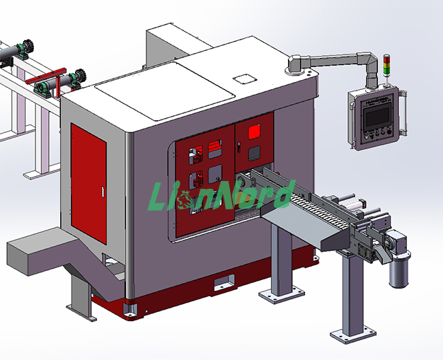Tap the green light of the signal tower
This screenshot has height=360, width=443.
(x=386, y=71)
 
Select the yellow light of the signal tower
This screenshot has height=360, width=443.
(x=386, y=64)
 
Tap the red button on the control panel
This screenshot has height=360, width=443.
(x=389, y=132)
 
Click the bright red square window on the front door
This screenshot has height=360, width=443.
(x=254, y=132)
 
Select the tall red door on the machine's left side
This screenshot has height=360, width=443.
(x=88, y=183)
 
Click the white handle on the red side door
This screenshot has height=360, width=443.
(x=103, y=192)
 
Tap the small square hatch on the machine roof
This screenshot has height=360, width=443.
(x=244, y=79)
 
